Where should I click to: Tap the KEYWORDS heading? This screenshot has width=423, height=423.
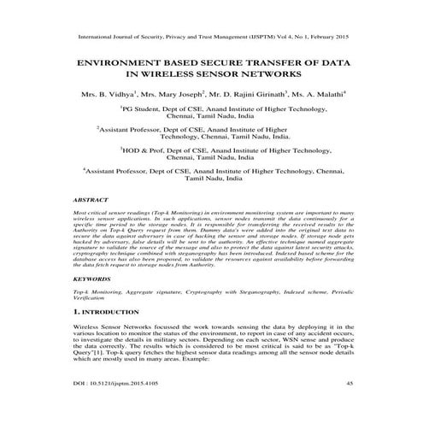91,279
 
